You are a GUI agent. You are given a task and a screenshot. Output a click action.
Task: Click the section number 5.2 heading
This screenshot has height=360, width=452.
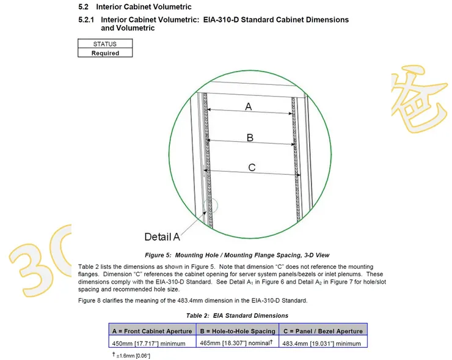83,7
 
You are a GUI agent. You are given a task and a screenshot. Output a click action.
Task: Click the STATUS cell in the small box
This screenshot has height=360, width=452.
104,44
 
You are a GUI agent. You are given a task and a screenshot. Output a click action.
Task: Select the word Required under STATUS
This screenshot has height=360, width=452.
104,53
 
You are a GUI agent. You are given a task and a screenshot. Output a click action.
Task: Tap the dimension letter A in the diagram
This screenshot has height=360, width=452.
249,106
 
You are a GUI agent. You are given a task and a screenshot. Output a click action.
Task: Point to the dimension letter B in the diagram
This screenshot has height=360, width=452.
250,138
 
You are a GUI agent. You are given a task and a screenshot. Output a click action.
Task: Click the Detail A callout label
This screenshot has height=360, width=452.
162,237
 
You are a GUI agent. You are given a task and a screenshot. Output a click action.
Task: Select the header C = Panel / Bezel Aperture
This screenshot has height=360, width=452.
323,331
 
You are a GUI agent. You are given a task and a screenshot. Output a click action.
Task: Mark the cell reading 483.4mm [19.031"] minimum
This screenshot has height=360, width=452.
322,343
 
